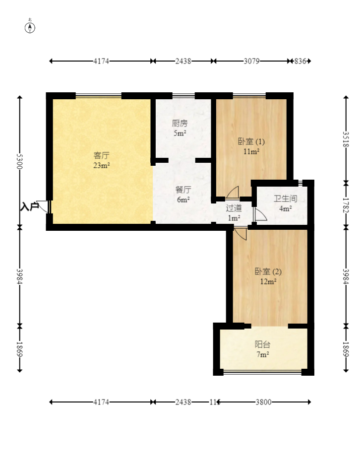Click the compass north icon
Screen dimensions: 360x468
30,27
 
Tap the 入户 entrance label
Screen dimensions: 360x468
29,206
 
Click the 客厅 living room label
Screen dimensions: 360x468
102,155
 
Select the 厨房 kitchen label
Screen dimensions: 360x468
180,123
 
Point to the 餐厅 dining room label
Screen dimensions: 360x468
183,190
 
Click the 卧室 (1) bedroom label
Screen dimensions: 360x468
251,141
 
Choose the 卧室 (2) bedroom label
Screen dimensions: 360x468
268,271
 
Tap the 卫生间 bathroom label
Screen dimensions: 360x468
286,199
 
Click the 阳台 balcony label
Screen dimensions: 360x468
262,345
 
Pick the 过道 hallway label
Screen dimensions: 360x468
234,208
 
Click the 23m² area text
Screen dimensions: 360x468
102,165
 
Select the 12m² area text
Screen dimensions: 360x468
268,281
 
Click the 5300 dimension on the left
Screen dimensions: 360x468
19,161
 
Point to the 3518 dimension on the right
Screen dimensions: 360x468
346,139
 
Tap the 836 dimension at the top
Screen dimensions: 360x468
300,61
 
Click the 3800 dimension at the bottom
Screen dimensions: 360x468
263,402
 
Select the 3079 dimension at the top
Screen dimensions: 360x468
251,61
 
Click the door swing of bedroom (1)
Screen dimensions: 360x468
233,192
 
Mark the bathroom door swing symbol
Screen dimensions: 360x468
260,214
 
